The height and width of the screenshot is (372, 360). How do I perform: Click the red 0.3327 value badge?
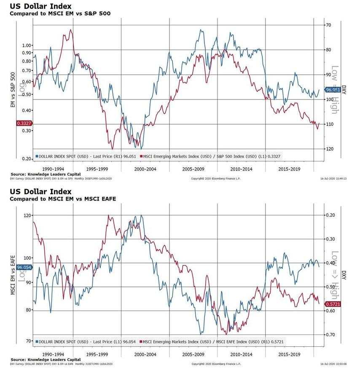pyautogui.click(x=22, y=123)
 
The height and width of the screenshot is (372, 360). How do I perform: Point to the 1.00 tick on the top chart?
pyautogui.click(x=27, y=45)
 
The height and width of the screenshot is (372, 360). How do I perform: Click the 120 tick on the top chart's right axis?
pyautogui.click(x=331, y=149)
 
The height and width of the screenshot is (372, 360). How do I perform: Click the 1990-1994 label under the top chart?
pyautogui.click(x=54, y=169)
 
